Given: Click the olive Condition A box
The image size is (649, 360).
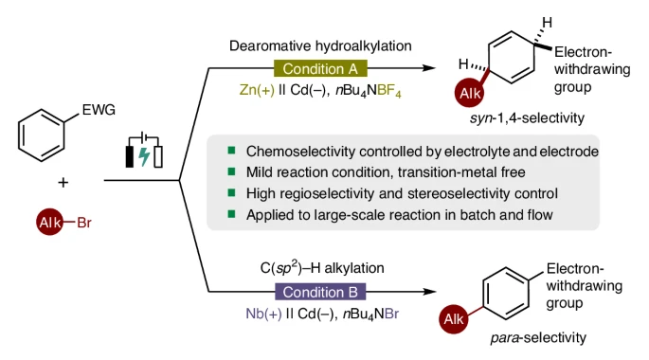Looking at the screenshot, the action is pyautogui.click(x=320, y=68).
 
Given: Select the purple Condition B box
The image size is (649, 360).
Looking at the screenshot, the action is pyautogui.click(x=320, y=292).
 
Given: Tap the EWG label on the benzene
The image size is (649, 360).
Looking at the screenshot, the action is pyautogui.click(x=99, y=110).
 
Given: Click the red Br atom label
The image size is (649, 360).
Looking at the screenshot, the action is pyautogui.click(x=84, y=223).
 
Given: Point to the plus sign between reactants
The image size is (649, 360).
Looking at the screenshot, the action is pyautogui.click(x=63, y=182).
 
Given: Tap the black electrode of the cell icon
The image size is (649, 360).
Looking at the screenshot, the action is pyautogui.click(x=130, y=157).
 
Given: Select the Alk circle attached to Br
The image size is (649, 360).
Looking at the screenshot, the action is pyautogui.click(x=49, y=223).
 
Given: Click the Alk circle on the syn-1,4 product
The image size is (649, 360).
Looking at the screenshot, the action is pyautogui.click(x=469, y=93).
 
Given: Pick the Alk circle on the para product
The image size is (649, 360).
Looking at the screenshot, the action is pyautogui.click(x=454, y=319).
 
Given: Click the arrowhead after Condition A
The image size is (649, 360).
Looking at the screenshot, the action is pyautogui.click(x=429, y=68).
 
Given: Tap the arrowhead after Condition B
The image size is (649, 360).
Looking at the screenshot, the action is pyautogui.click(x=429, y=292).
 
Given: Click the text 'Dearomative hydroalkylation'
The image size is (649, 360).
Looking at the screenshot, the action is pyautogui.click(x=320, y=45).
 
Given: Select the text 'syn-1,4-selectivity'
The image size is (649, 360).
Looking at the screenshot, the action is pyautogui.click(x=527, y=118).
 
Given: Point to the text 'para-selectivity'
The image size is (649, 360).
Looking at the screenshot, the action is pyautogui.click(x=538, y=337).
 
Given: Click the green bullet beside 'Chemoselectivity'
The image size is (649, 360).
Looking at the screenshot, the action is pyautogui.click(x=231, y=151).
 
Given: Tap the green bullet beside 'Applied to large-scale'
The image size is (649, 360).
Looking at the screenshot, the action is pyautogui.click(x=231, y=214).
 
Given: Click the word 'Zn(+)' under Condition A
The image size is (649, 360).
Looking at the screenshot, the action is pyautogui.click(x=257, y=90).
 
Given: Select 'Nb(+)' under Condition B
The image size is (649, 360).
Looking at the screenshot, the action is pyautogui.click(x=263, y=314).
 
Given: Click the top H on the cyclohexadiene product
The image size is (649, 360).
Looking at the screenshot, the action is pyautogui.click(x=547, y=23).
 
